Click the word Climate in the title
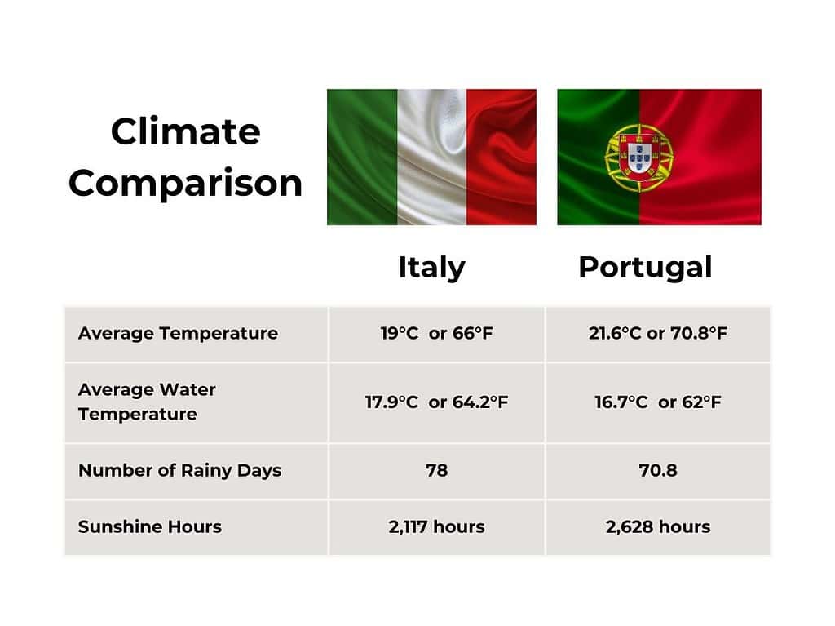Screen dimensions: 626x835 (x=186, y=131)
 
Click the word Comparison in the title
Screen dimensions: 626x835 (x=186, y=183)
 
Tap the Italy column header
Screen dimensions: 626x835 (x=431, y=267)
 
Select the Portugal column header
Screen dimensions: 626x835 (x=645, y=267)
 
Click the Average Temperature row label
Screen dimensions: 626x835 (x=178, y=333)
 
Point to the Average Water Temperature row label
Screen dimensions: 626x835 (x=147, y=402)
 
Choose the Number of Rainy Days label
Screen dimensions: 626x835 (x=179, y=470)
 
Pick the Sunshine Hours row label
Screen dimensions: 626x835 (x=150, y=526)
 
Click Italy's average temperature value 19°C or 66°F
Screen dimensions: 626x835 (x=436, y=333)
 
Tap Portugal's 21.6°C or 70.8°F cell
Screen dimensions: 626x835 (x=658, y=333)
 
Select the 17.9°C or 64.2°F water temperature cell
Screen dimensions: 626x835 (x=436, y=402)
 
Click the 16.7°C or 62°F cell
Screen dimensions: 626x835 (x=658, y=402)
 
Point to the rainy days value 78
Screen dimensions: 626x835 (x=436, y=470)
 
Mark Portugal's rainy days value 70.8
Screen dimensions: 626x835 (x=658, y=470)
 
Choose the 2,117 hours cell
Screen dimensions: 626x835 (x=436, y=526)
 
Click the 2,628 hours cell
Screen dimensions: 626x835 (x=658, y=526)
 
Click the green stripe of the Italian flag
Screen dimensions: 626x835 (x=361, y=157)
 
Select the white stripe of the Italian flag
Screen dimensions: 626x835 (x=432, y=157)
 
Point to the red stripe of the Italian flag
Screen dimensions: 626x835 (x=501, y=157)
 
